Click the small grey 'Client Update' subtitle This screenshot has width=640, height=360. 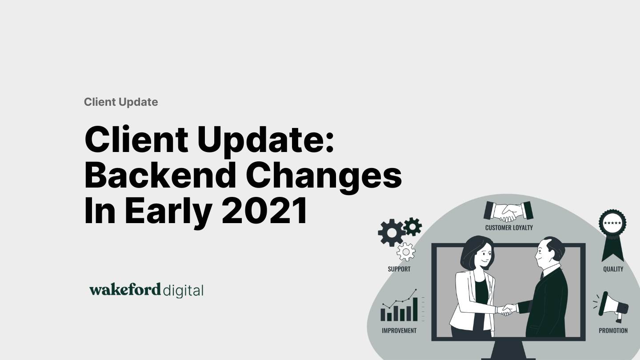coord(121,102)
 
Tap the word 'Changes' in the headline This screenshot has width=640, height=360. coord(324,175)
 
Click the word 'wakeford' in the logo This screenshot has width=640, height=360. coord(125,290)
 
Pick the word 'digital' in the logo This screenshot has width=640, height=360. coord(183,291)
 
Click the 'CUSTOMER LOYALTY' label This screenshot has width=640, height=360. coord(509,228)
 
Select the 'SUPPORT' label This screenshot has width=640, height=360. coord(399,269)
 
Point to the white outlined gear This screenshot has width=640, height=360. coord(406,252)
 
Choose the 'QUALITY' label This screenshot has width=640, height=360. coord(613,269)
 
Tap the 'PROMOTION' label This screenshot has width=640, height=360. coord(613,331)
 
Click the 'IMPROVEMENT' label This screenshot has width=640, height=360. coord(399,331)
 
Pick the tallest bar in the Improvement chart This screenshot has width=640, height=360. coord(416,309)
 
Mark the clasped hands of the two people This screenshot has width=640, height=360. coord(506,309)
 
